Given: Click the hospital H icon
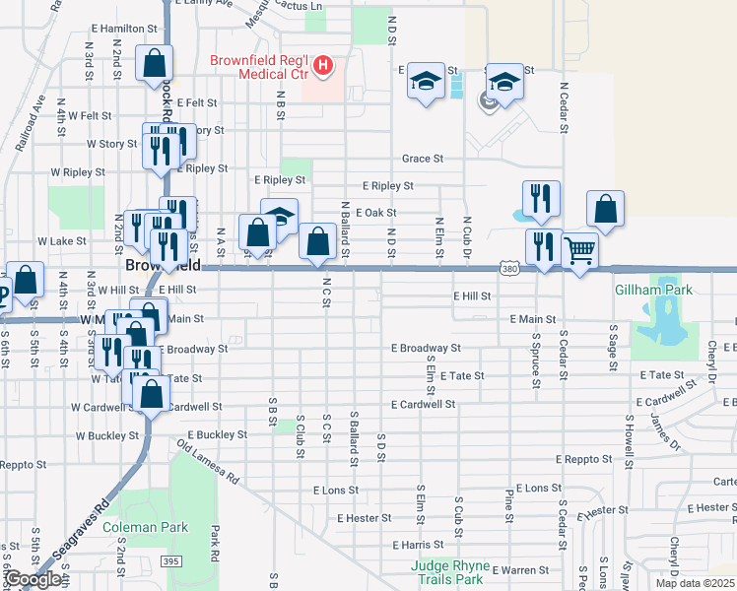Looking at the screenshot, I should [x=322, y=67].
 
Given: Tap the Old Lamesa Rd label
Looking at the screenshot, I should [x=208, y=464].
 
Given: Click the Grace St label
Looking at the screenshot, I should [x=423, y=159].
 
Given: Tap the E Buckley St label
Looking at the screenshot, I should [x=214, y=434].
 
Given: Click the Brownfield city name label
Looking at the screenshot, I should [x=163, y=267].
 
